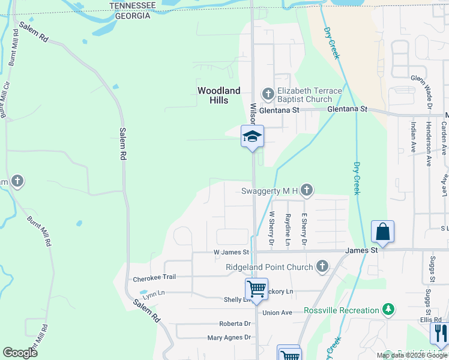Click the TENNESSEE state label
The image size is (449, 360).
133,5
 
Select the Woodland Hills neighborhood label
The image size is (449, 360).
219,95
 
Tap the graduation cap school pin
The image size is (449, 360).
252,136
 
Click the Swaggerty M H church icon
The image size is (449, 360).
307,191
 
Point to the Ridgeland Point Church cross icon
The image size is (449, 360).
322,266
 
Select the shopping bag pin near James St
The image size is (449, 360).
382,232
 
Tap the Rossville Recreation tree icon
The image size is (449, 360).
388,310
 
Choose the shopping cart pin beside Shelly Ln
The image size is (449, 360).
256,289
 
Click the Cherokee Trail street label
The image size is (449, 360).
154,278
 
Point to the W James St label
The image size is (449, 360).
231,253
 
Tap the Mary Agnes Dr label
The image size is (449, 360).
229,338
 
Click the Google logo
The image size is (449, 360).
20,352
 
